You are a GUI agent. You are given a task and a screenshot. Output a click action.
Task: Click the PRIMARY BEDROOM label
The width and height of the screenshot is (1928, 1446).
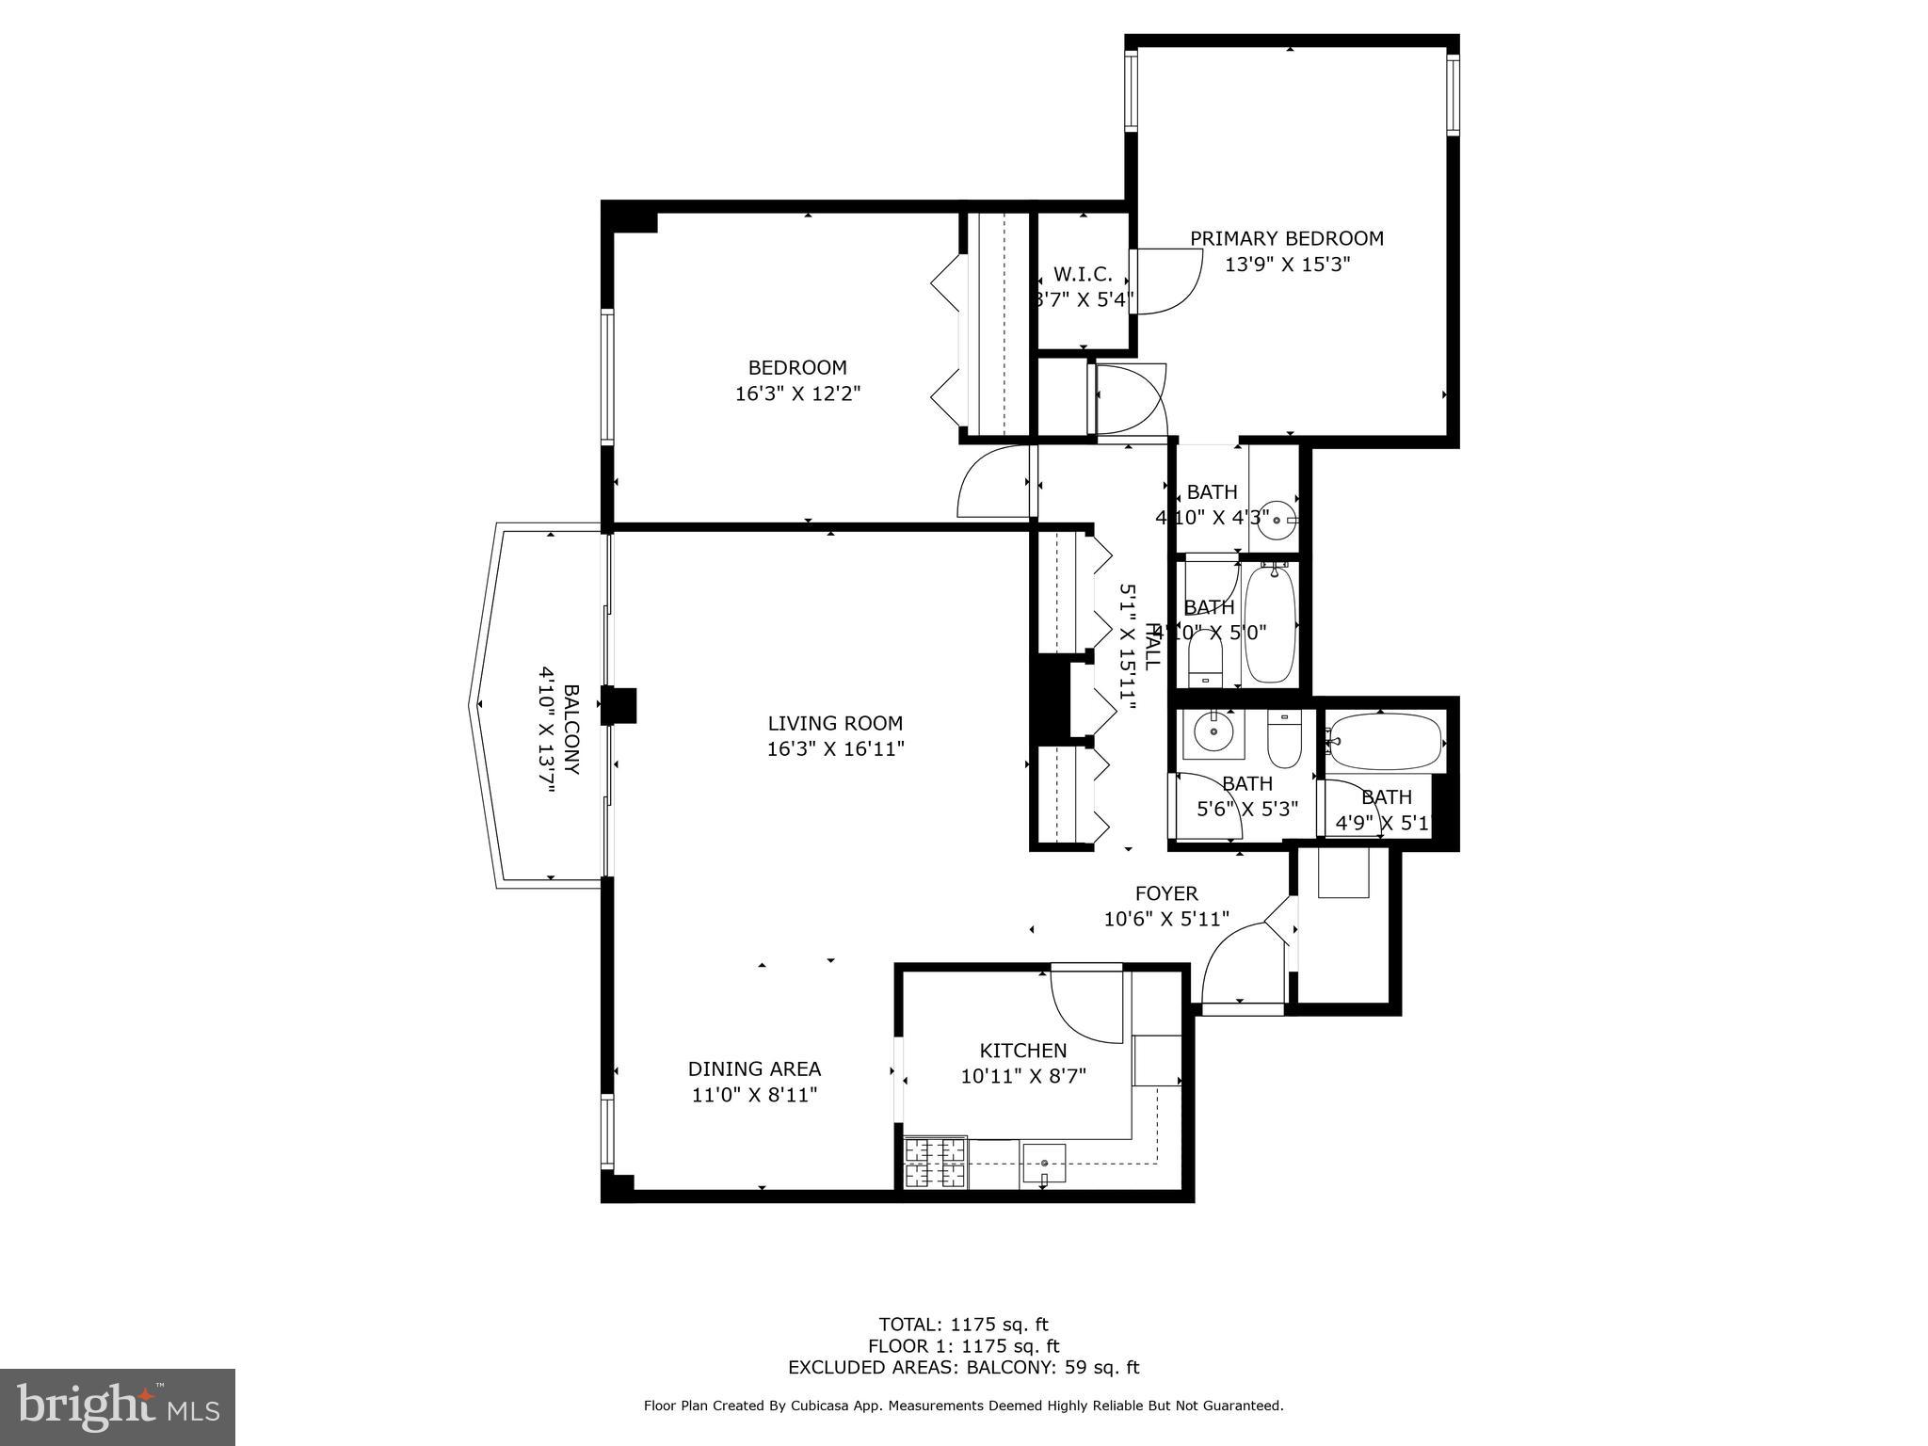1286,239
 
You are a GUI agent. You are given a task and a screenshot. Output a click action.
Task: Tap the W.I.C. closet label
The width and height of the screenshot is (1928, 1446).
1083,275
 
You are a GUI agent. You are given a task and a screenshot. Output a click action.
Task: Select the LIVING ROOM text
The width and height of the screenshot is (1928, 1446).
835,723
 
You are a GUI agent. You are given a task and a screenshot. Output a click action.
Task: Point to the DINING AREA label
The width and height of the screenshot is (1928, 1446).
754,1068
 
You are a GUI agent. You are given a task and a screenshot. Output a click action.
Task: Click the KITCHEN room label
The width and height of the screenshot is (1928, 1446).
1023,1051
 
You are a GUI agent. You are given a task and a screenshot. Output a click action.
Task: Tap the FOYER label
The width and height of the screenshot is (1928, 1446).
1166,893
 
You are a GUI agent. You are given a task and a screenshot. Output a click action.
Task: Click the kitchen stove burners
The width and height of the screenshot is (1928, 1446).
935,1163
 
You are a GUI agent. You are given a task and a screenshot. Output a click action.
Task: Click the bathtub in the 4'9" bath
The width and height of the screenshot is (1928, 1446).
1384,741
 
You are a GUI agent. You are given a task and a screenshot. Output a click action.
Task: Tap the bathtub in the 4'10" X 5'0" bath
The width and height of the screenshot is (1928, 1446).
1271,623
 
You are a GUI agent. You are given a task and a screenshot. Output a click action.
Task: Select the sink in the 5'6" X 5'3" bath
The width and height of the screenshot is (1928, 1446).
1213,731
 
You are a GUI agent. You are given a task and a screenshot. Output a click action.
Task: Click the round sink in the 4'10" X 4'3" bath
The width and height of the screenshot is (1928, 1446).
1277,520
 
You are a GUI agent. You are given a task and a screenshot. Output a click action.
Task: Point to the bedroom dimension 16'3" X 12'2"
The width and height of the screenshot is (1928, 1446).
797,394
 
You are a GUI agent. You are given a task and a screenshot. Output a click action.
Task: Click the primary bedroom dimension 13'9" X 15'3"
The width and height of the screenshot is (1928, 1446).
1287,265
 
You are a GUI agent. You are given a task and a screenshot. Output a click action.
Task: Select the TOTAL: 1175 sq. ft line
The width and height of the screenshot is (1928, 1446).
963,1325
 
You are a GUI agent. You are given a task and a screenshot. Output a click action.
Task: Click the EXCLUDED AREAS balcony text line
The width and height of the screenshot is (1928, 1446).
963,1367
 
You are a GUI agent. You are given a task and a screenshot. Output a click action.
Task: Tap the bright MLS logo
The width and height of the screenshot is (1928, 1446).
118,1406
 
